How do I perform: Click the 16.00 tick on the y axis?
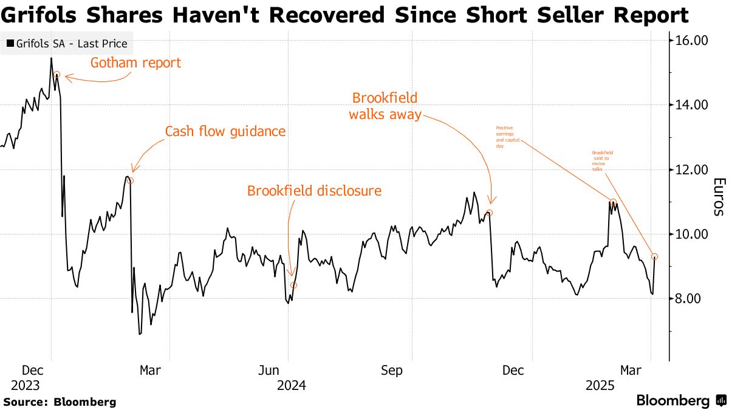693,41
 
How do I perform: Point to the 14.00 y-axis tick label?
693,105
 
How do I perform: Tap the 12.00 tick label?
693,169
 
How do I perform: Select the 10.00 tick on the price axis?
693,234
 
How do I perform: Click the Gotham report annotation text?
135,63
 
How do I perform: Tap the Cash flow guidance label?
225,131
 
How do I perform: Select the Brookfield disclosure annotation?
314,191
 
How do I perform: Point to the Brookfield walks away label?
385,106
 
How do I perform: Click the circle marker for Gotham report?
56,75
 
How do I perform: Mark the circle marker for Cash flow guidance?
130,180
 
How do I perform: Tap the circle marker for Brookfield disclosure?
294,285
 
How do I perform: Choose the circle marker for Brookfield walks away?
490,213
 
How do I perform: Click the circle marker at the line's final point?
654,256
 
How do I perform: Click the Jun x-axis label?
269,371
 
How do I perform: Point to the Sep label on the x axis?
392,371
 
